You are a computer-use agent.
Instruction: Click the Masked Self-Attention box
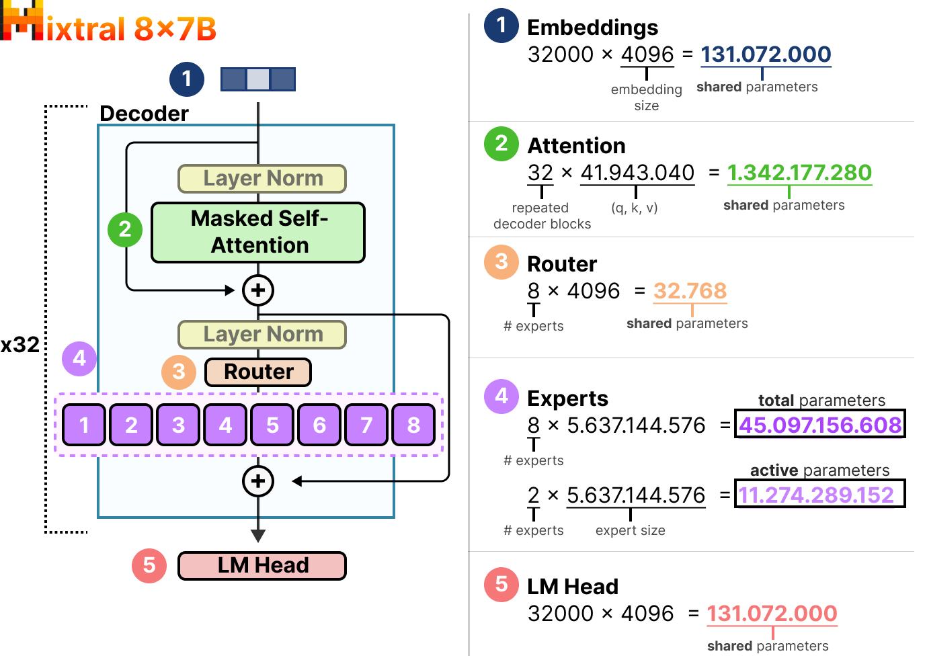point(258,233)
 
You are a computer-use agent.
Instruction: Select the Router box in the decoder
point(258,372)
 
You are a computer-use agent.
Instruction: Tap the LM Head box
point(262,565)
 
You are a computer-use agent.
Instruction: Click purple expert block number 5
point(272,425)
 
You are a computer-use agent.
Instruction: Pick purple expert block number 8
point(413,425)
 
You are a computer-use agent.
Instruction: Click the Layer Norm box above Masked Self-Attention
point(262,178)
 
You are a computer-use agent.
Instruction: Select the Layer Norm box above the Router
point(262,334)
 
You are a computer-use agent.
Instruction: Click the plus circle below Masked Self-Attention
point(258,290)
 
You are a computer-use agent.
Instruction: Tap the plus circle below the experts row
point(258,481)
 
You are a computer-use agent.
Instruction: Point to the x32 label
point(20,345)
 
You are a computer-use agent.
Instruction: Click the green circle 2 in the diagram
point(125,229)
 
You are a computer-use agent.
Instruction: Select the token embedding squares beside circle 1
point(258,79)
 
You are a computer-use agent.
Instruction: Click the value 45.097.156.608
point(819,425)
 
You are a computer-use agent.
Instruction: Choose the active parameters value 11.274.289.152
point(817,495)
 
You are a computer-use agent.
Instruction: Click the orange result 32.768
point(690,290)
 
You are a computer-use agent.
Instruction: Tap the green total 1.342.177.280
point(799,173)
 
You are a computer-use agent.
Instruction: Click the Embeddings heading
point(592,28)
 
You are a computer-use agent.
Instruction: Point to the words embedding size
point(646,97)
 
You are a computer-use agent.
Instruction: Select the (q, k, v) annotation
point(634,208)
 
